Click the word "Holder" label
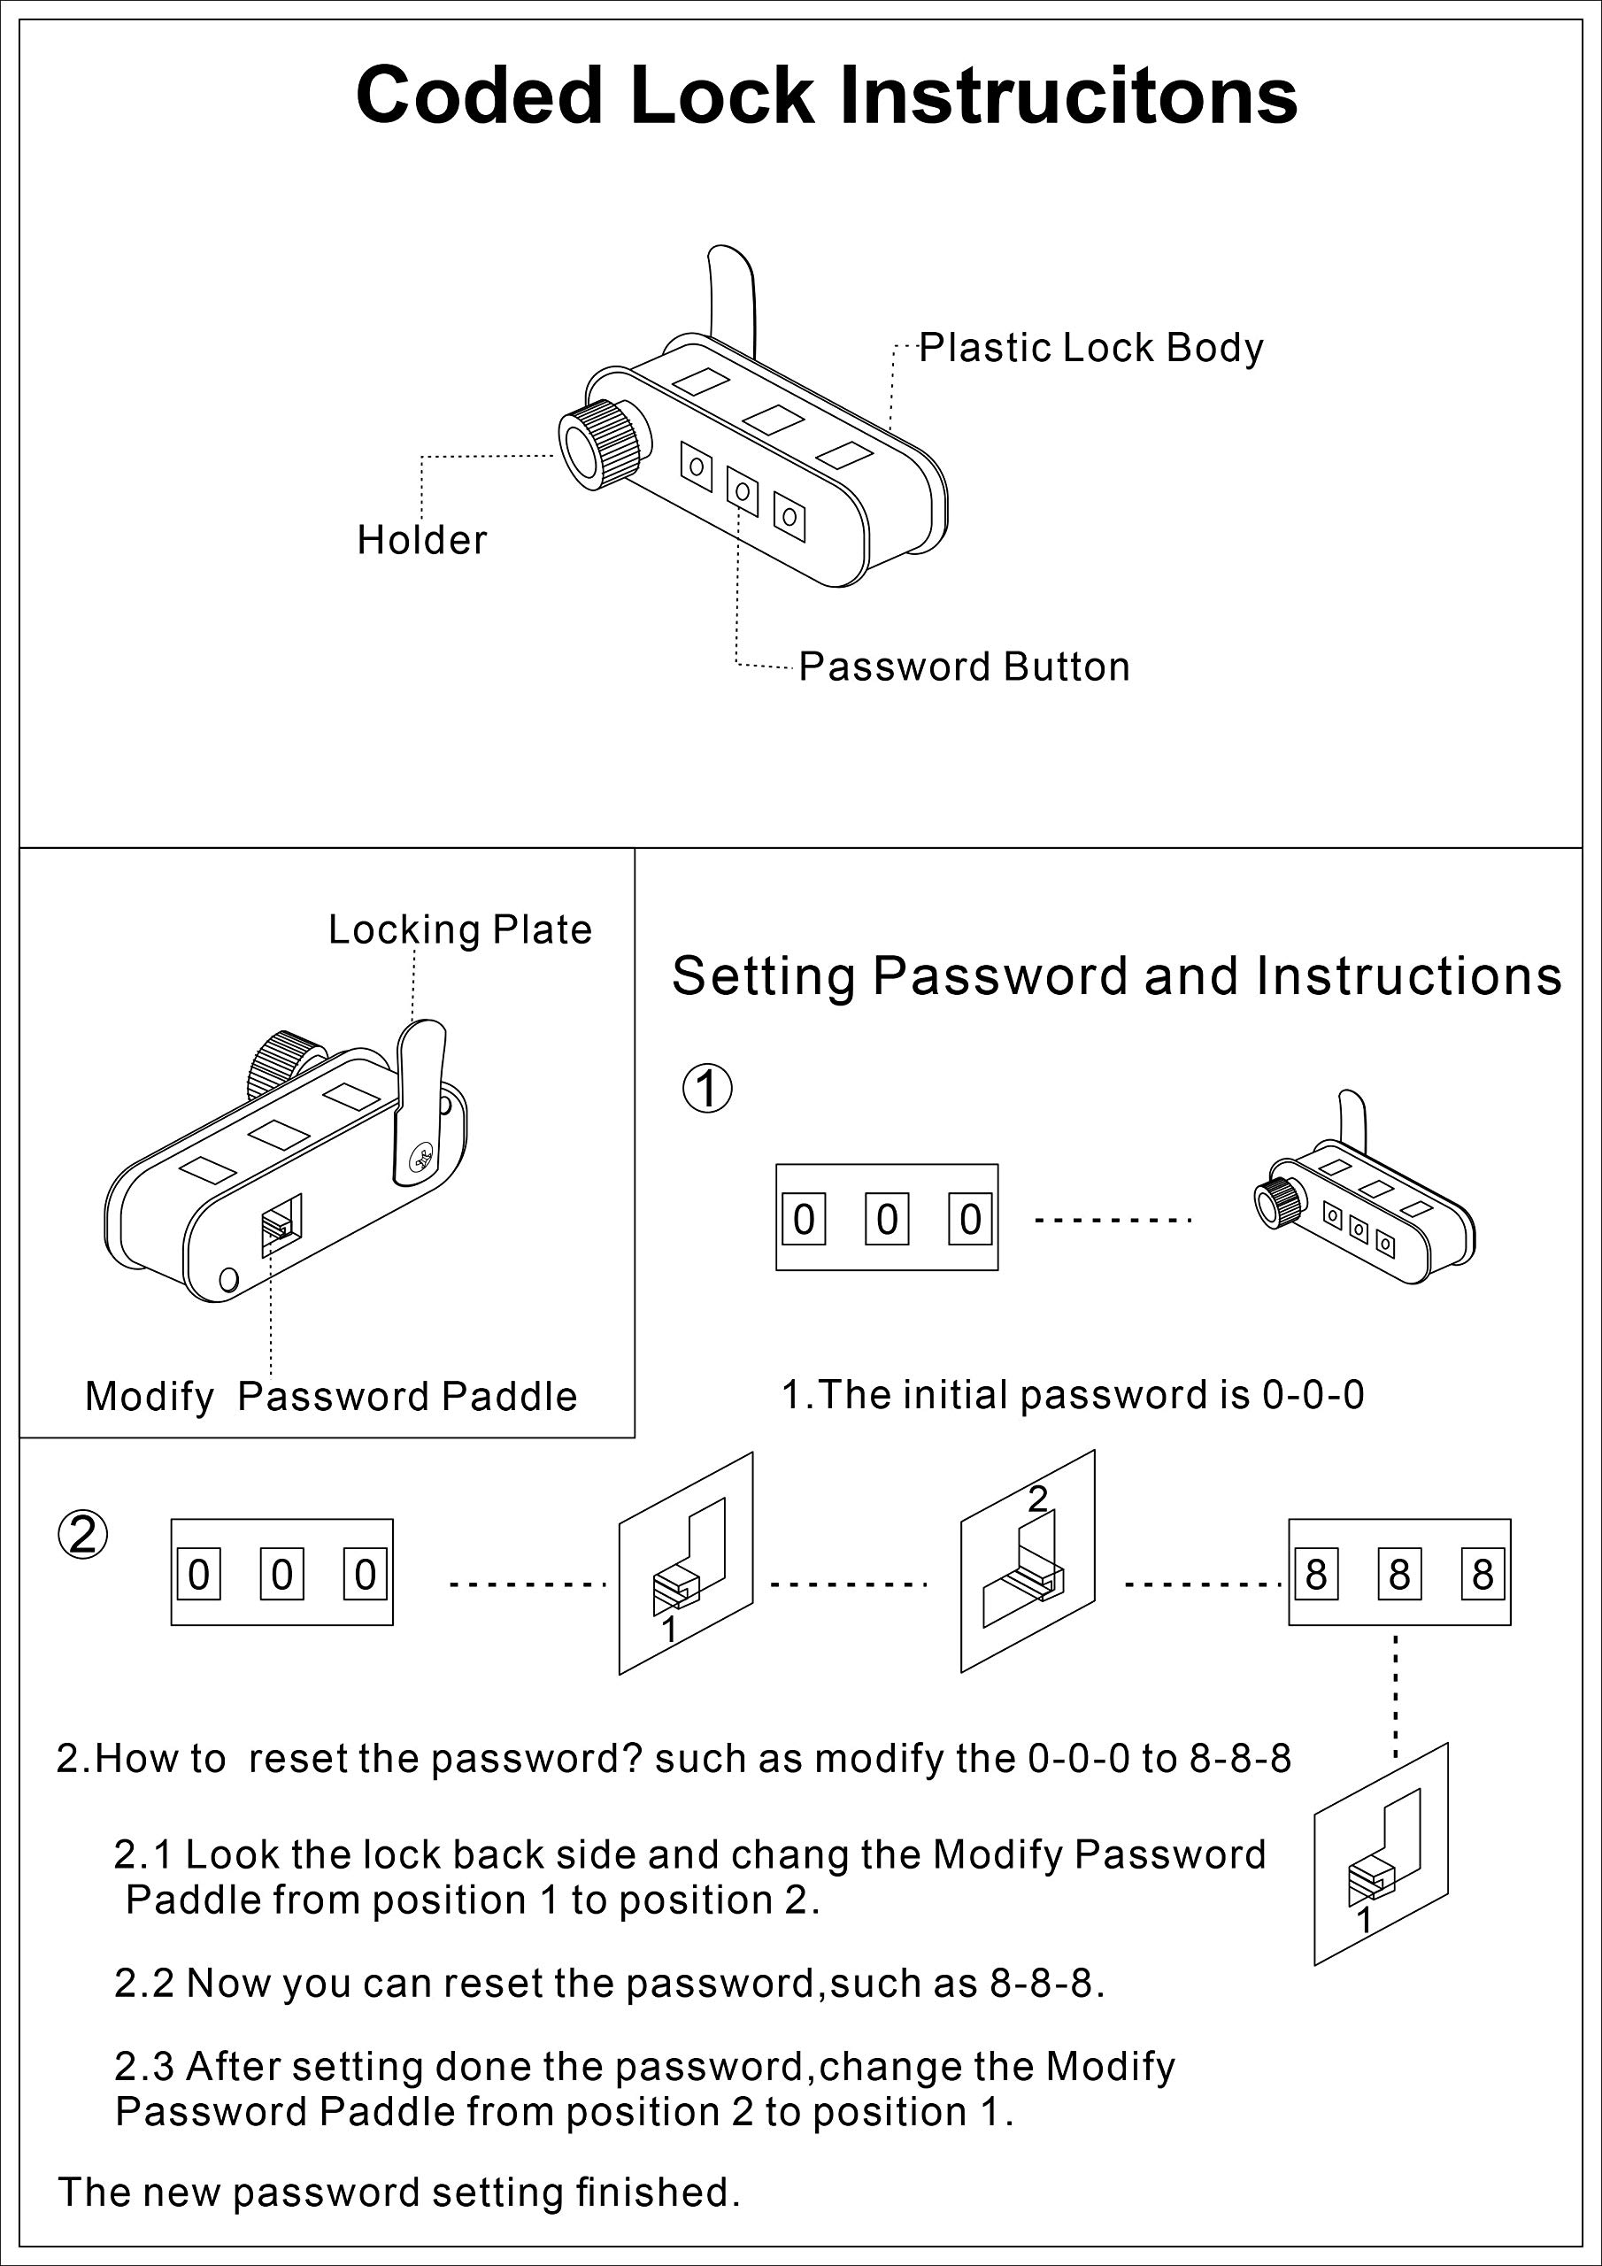coord(421,540)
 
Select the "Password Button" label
coord(965,667)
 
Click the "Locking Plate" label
coord(460,929)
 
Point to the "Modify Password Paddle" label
coord(331,1397)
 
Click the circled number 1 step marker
coord(708,1089)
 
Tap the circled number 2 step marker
coord(83,1535)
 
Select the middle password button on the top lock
coord(743,490)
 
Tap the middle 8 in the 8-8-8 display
coord(1399,1574)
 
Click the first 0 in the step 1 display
coord(805,1220)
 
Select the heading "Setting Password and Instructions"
coord(1116,977)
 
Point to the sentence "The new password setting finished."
coord(399,2192)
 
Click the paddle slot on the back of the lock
coord(281,1226)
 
